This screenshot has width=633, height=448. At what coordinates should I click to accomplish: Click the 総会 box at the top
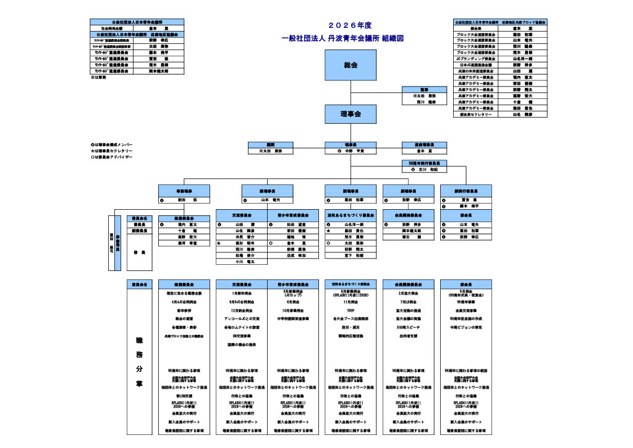pyautogui.click(x=350, y=65)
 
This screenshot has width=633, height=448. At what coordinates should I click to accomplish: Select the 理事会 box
pyautogui.click(x=350, y=114)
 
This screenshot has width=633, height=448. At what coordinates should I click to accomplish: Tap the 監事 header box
pyautogui.click(x=424, y=90)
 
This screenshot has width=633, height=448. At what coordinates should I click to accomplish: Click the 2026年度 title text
pyautogui.click(x=350, y=25)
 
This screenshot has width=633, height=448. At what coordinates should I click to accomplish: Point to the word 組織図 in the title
pyautogui.click(x=393, y=38)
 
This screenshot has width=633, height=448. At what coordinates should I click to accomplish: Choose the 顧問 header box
pyautogui.click(x=271, y=144)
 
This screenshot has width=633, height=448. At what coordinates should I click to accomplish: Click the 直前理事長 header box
pyautogui.click(x=424, y=144)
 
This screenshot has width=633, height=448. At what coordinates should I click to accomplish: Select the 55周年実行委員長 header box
pyautogui.click(x=424, y=163)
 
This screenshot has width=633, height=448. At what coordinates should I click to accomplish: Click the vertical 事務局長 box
pyautogui.click(x=117, y=243)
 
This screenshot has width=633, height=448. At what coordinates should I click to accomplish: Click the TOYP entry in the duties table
pyautogui.click(x=350, y=310)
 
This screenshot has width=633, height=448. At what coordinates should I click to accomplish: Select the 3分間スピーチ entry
pyautogui.click(x=409, y=327)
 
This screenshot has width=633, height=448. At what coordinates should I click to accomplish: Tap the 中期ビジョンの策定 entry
pyautogui.click(x=467, y=327)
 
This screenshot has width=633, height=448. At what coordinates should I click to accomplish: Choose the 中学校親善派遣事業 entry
pyautogui.click(x=292, y=319)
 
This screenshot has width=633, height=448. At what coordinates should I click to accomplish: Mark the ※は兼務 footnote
pyautogui.click(x=99, y=77)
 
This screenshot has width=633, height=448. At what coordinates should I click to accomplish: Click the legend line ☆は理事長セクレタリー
pyautogui.click(x=112, y=151)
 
